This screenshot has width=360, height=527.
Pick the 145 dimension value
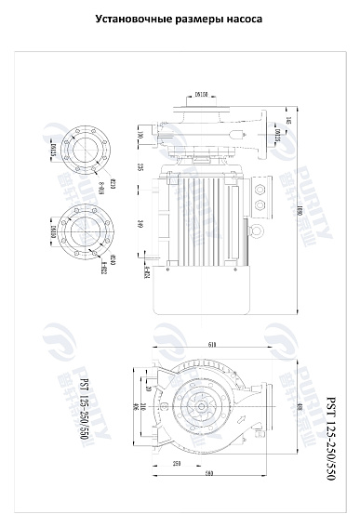289,121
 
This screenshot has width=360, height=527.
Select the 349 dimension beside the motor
140,222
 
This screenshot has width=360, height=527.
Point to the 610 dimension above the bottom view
213,345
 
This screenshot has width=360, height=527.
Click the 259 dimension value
176,463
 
